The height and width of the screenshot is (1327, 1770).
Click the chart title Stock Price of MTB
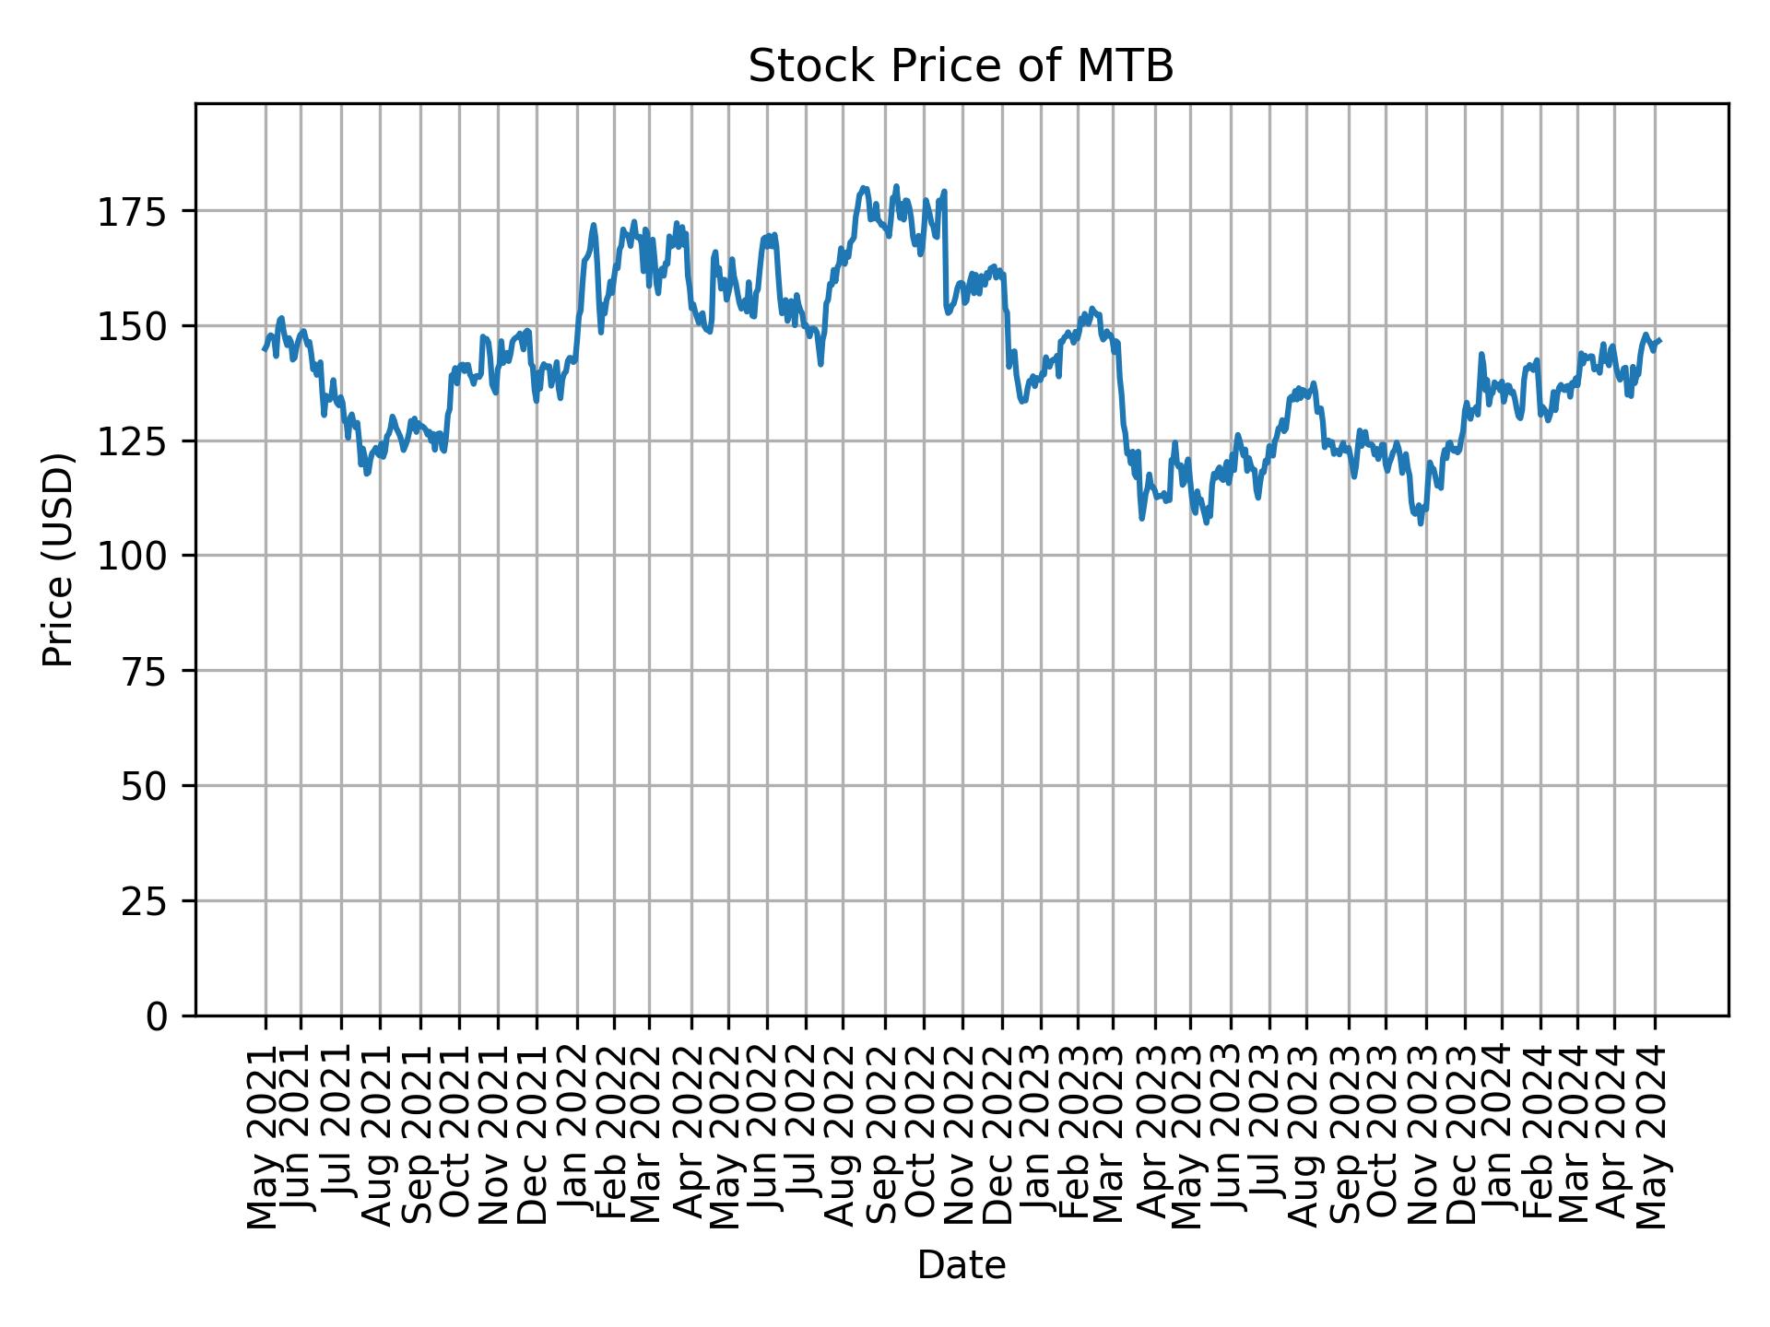pyautogui.click(x=961, y=66)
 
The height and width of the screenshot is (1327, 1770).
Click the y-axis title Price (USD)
pyautogui.click(x=57, y=559)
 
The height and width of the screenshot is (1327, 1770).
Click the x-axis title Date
pyautogui.click(x=961, y=1265)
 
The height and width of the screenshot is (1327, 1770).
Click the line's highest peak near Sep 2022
pyautogui.click(x=896, y=185)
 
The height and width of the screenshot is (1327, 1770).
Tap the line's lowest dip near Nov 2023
pyautogui.click(x=1421, y=523)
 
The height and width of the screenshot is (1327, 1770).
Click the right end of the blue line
pyautogui.click(x=1659, y=341)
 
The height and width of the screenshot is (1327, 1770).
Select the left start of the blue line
pyautogui.click(x=264, y=349)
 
